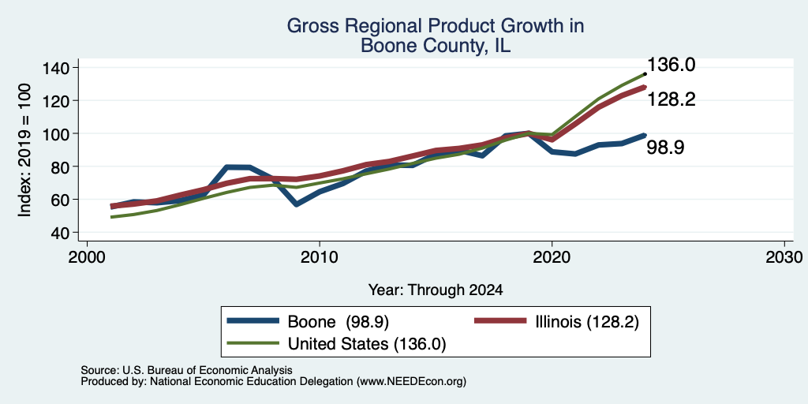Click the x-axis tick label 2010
click(x=320, y=256)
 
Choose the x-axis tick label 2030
click(x=784, y=256)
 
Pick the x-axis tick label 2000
click(x=87, y=256)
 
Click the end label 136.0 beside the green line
click(x=671, y=65)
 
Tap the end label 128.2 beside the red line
click(x=671, y=99)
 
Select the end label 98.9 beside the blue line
click(x=665, y=148)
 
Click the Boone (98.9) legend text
click(x=338, y=322)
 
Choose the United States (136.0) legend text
click(x=366, y=344)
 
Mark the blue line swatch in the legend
click(x=253, y=322)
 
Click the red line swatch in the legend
click(x=499, y=322)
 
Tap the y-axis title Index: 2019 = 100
click(x=24, y=150)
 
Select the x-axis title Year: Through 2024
click(x=436, y=290)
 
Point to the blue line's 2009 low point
click(x=297, y=204)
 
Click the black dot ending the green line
click(x=645, y=73)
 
